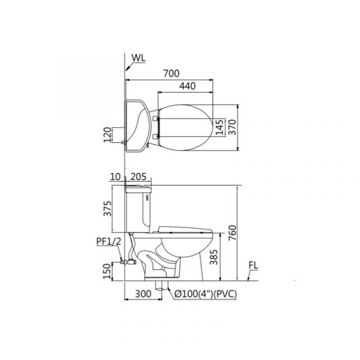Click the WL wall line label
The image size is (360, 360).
pyautogui.click(x=139, y=58)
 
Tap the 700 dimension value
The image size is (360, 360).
pyautogui.click(x=171, y=73)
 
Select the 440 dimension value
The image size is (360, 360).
pyautogui.click(x=187, y=86)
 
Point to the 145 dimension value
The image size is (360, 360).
pyautogui.click(x=220, y=127)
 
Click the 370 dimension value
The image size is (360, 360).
pyautogui.click(x=232, y=127)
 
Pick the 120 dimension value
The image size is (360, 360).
pyautogui.click(x=107, y=135)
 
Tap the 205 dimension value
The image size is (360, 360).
pyautogui.click(x=138, y=177)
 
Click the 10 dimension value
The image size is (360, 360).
pyautogui.click(x=115, y=177)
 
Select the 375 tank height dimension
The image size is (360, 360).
pyautogui.click(x=107, y=208)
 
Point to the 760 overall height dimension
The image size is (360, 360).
pyautogui.click(x=232, y=233)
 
